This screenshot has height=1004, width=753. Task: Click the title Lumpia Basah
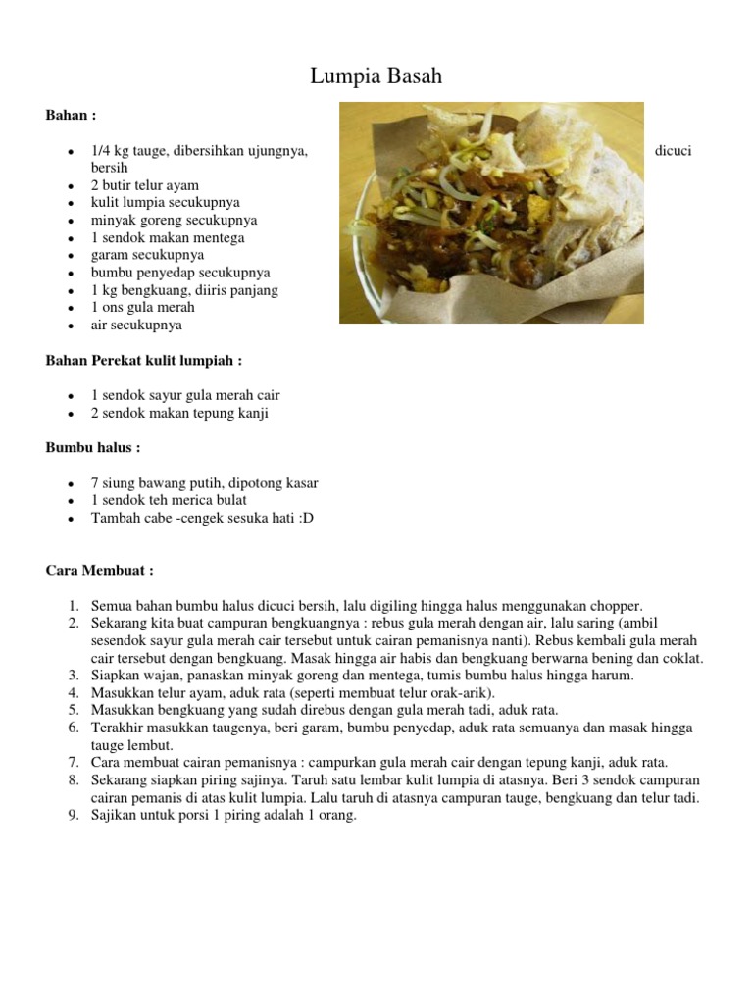pyautogui.click(x=376, y=76)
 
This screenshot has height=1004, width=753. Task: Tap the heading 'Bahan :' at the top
pyautogui.click(x=72, y=115)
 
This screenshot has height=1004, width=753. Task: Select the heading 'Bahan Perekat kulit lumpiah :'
pyautogui.click(x=143, y=361)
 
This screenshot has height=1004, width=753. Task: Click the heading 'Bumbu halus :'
pyautogui.click(x=93, y=448)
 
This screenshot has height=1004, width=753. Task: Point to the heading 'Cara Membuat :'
pyautogui.click(x=99, y=571)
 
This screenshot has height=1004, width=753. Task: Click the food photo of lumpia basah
pyautogui.click(x=491, y=213)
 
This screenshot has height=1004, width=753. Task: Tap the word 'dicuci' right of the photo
pyautogui.click(x=674, y=151)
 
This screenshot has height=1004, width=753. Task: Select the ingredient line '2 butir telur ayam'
pyautogui.click(x=145, y=185)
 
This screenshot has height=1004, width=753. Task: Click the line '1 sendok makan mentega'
pyautogui.click(x=168, y=238)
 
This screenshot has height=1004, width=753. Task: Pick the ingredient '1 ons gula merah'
pyautogui.click(x=143, y=308)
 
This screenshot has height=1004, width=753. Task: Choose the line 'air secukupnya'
pyautogui.click(x=136, y=326)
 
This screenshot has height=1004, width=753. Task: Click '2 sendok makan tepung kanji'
pyautogui.click(x=179, y=414)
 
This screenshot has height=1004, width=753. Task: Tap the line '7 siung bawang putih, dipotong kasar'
pyautogui.click(x=204, y=483)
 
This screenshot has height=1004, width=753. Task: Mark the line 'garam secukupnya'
pyautogui.click(x=148, y=255)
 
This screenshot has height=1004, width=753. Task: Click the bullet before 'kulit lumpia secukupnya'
pyautogui.click(x=72, y=204)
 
